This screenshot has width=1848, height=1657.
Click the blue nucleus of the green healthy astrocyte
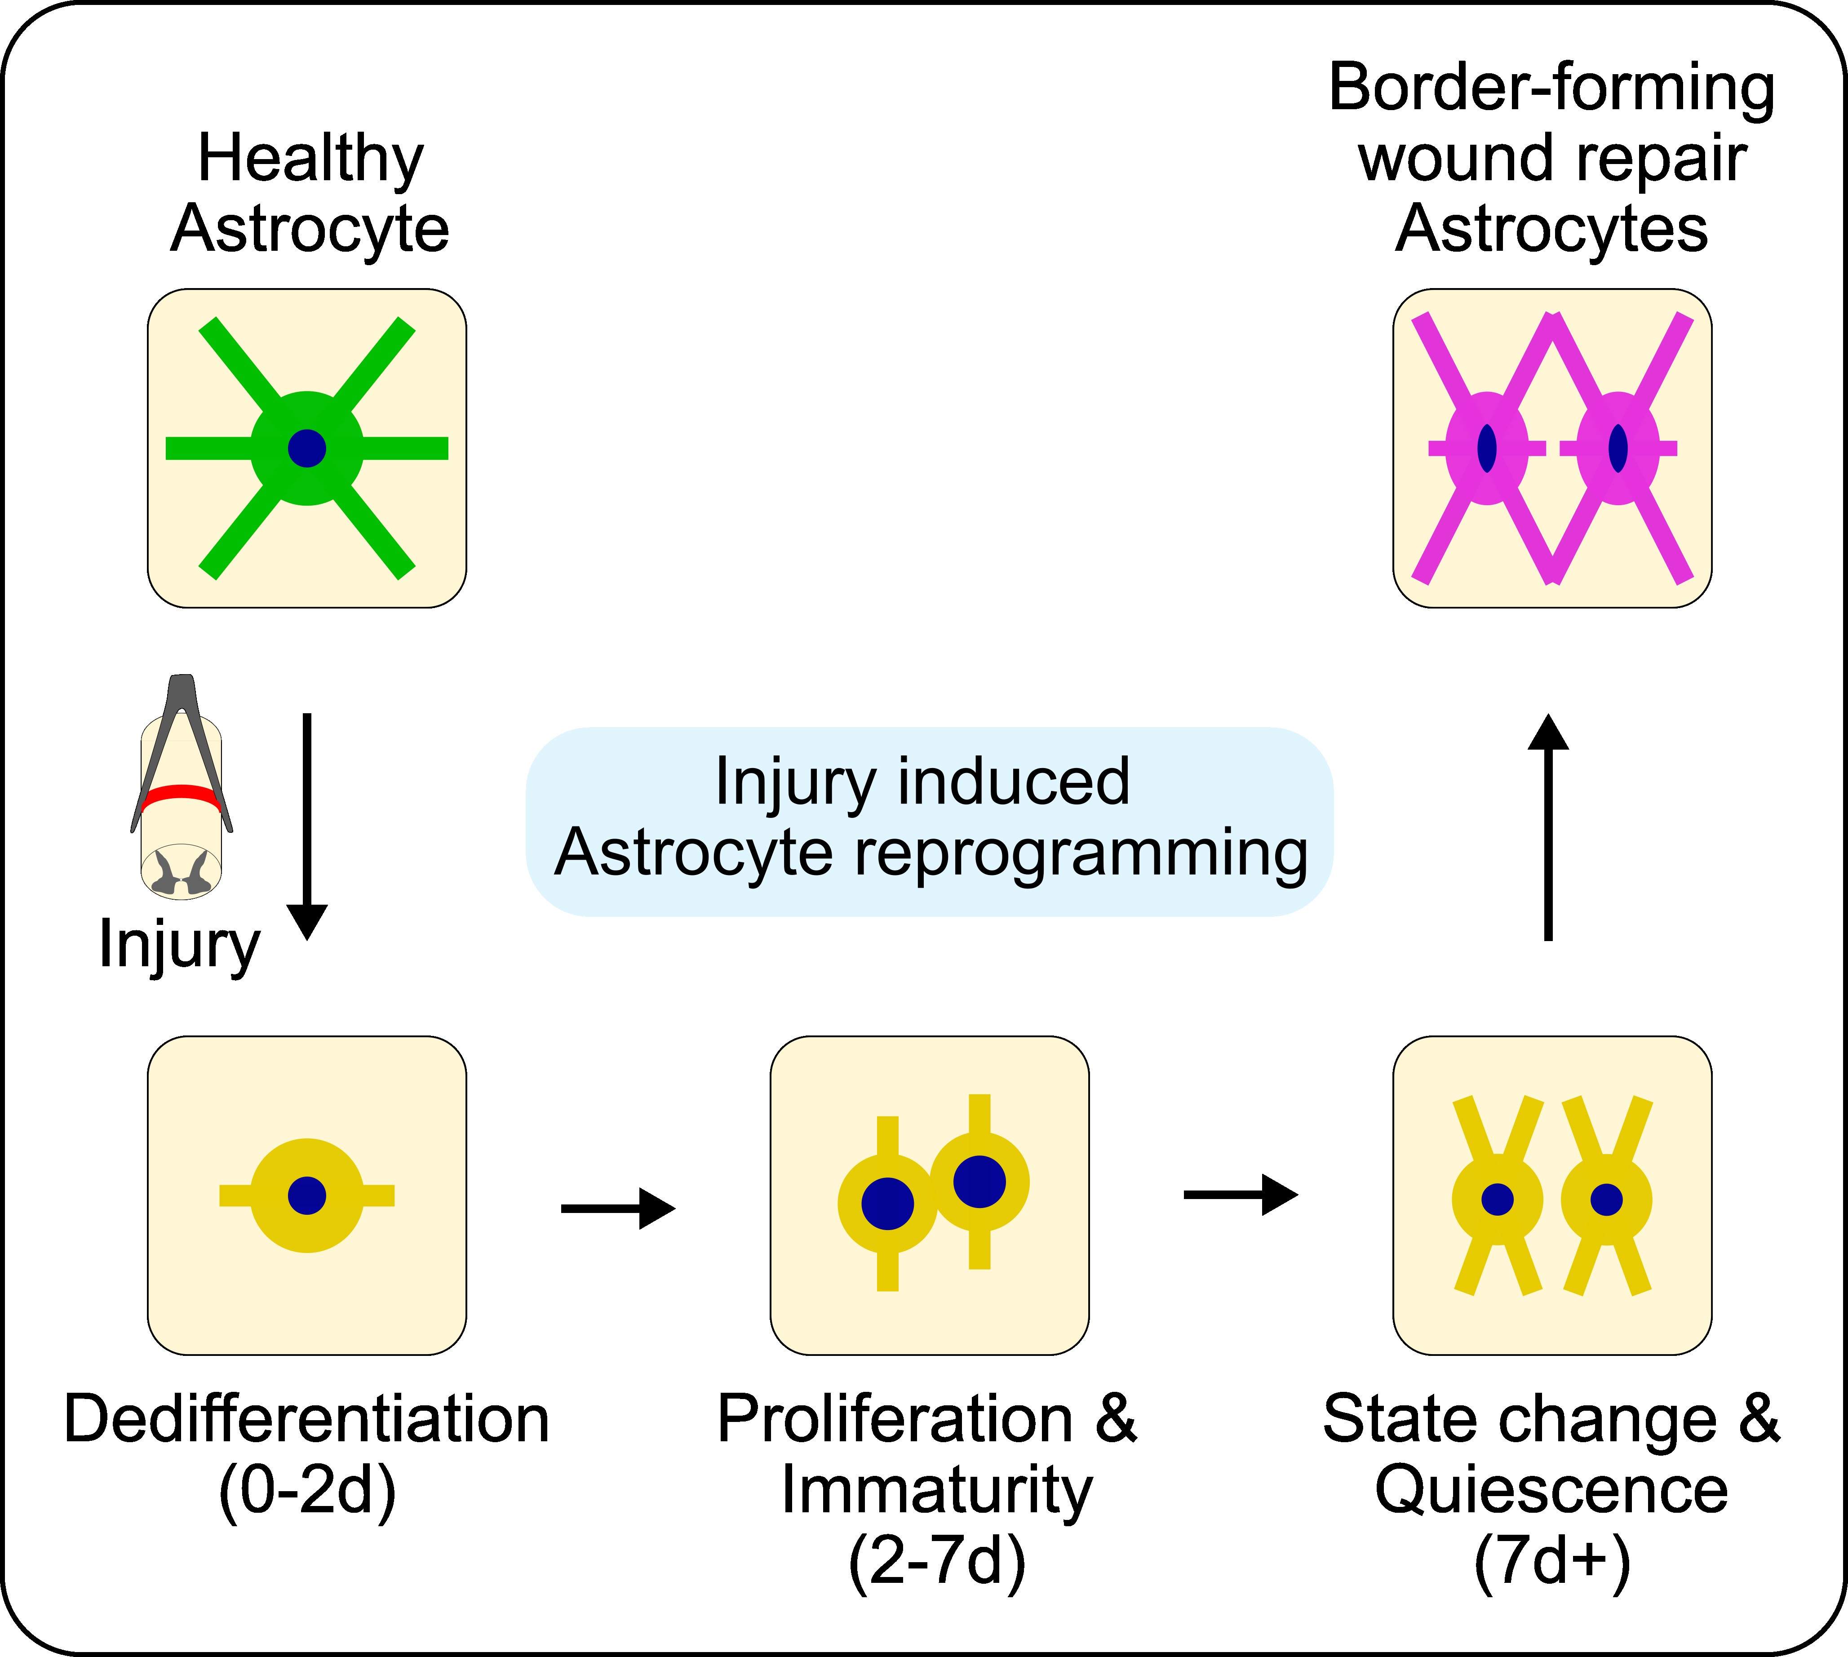click(x=307, y=448)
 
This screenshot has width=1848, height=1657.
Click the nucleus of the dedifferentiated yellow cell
click(x=307, y=1195)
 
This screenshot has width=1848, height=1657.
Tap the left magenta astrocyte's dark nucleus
click(x=1487, y=448)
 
